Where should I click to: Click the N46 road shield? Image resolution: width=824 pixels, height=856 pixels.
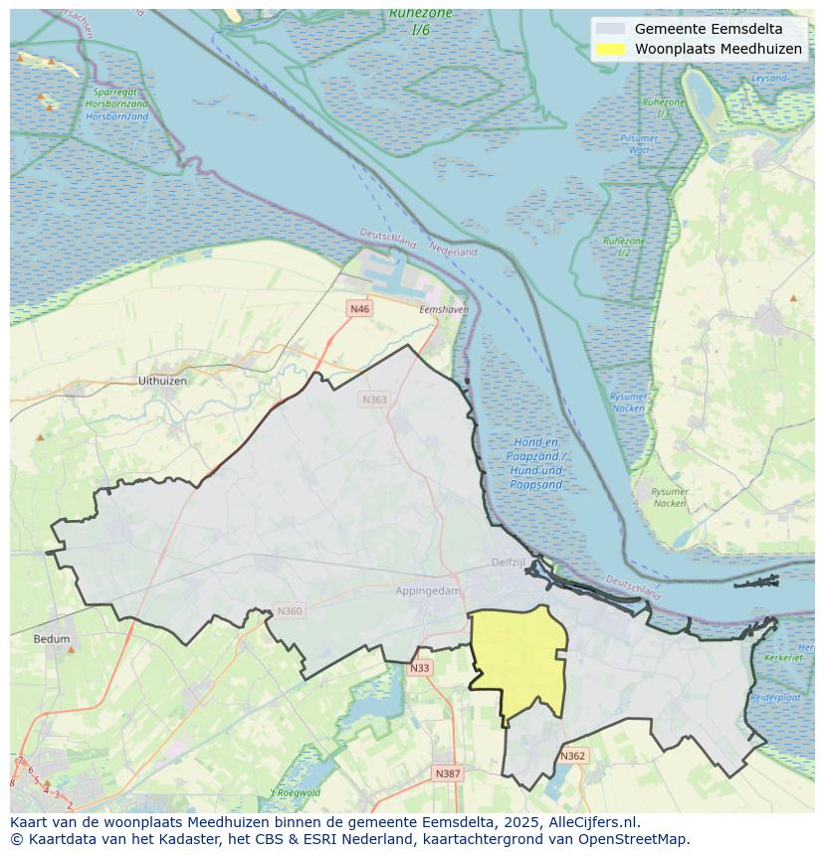pos(359,309)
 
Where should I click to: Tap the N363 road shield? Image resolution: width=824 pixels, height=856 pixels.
pos(374,400)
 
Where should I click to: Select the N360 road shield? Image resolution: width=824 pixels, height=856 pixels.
pos(289,611)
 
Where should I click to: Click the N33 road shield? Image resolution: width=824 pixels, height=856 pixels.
pos(420,668)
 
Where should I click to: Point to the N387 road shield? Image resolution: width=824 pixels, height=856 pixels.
pos(448,773)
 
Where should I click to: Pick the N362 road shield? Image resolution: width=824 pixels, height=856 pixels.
pos(572,757)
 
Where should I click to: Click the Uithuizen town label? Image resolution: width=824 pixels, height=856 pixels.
pos(162,381)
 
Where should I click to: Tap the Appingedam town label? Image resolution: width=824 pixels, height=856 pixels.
pos(428,591)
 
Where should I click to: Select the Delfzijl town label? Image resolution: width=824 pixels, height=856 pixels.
pos(508,563)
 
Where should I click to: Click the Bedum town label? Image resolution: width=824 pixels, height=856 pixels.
pos(52,639)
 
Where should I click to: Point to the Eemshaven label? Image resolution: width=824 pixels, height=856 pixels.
pos(444,310)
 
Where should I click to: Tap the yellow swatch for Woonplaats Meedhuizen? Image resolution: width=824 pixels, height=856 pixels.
pos(611,49)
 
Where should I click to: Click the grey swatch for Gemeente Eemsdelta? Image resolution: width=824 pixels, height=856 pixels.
pos(611,29)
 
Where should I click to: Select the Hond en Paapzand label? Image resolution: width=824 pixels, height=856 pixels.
pos(536,463)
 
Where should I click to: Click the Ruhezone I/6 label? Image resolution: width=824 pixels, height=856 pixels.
pos(421,21)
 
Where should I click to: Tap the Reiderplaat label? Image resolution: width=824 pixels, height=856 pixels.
pos(775,698)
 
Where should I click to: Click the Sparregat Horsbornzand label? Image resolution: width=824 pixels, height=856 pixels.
pos(117,103)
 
